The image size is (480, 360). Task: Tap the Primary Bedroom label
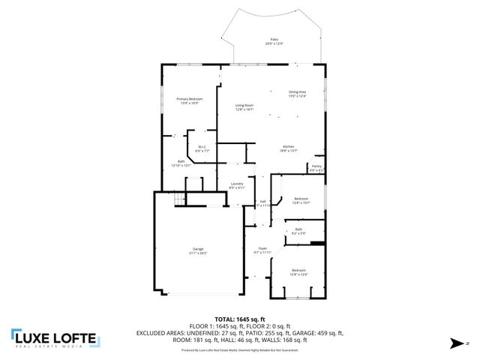(x=190, y=99)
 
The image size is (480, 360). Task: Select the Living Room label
(x=244, y=106)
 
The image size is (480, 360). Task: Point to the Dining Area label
(x=298, y=91)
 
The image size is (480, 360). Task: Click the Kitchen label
(x=289, y=146)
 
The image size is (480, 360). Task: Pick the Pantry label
(x=316, y=166)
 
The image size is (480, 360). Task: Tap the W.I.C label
(x=202, y=147)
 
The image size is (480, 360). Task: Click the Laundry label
(x=237, y=183)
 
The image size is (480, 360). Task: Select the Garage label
(x=199, y=249)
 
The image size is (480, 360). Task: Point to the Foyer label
(x=262, y=248)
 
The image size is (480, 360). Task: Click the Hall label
(x=262, y=201)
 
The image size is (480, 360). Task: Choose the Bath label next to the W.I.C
(x=181, y=161)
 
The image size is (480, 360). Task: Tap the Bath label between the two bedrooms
(x=298, y=229)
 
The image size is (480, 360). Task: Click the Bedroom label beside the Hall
(x=301, y=198)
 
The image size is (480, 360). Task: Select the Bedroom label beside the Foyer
(x=298, y=270)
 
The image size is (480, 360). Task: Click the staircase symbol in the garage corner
(x=178, y=199)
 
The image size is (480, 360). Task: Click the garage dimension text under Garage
(x=199, y=253)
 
